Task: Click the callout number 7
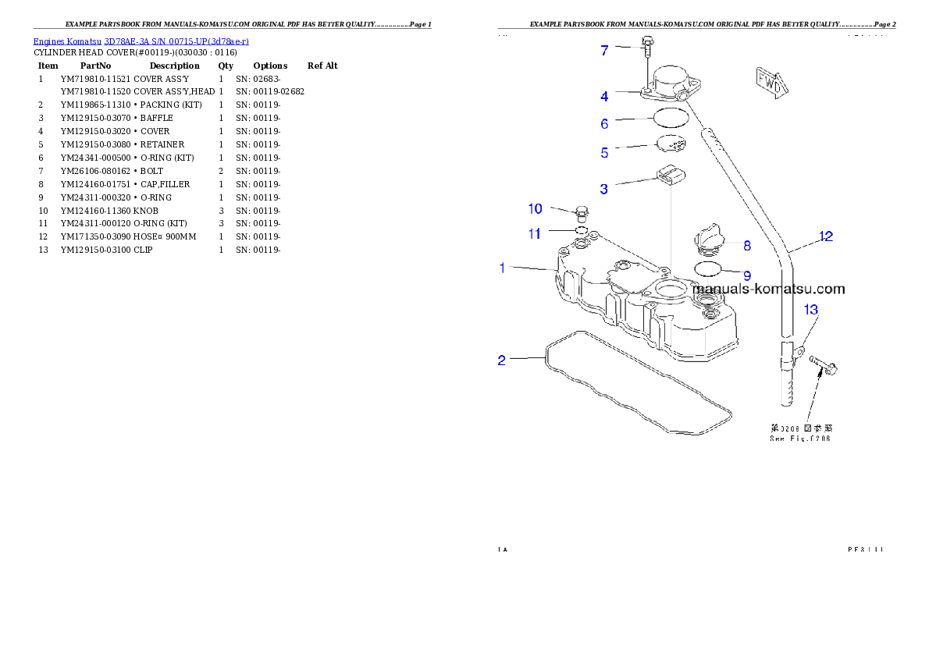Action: click(604, 51)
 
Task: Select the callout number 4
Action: click(605, 97)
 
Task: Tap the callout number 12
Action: click(825, 236)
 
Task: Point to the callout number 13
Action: click(811, 311)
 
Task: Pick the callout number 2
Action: click(502, 360)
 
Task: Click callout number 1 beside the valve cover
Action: click(503, 268)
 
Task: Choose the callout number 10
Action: click(535, 208)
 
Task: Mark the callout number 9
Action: click(747, 275)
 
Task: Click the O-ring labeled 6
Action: click(671, 119)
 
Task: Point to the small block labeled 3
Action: click(672, 176)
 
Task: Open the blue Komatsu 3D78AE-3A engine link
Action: click(141, 41)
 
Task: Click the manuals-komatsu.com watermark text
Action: click(768, 289)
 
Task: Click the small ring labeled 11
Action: click(581, 231)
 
